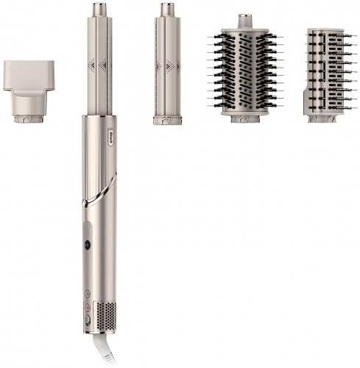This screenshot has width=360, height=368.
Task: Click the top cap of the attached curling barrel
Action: (x=100, y=10)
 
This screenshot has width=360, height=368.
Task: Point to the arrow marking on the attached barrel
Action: (x=100, y=63)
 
